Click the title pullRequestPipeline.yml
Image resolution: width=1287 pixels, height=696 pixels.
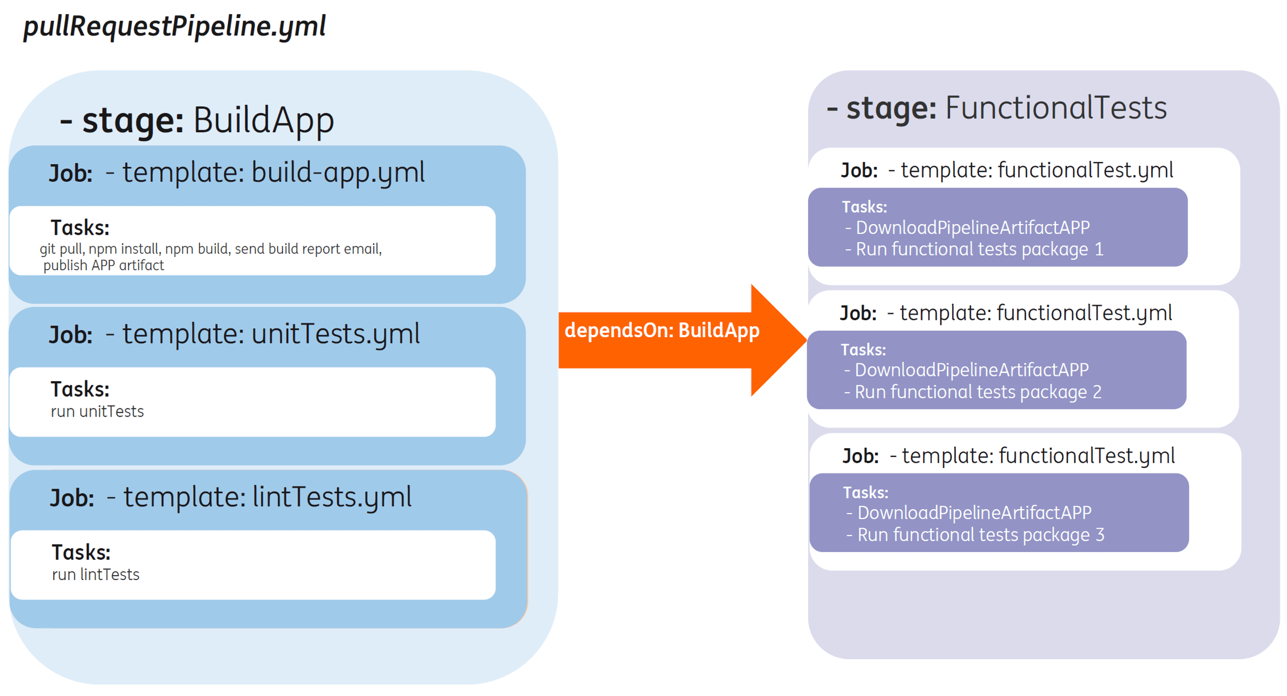click(174, 27)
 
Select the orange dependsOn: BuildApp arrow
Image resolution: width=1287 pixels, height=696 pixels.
click(682, 340)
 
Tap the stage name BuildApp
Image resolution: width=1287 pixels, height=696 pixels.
click(264, 121)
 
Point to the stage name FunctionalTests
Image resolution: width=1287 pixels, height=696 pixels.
click(1056, 108)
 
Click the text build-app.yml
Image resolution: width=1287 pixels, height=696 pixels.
click(338, 173)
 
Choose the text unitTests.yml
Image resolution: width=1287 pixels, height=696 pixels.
click(336, 334)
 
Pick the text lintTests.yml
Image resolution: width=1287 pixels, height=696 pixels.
click(332, 497)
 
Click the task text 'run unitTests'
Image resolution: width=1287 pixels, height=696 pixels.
click(98, 411)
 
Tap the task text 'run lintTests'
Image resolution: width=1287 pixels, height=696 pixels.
click(96, 574)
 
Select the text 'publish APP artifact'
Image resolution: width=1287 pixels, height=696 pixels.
click(103, 266)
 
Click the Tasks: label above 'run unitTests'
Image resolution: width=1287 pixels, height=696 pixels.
click(80, 389)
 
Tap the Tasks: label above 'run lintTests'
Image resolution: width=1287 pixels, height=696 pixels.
click(81, 553)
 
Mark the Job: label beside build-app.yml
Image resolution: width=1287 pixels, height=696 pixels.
click(70, 174)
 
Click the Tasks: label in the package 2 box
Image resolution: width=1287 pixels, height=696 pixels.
click(863, 350)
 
